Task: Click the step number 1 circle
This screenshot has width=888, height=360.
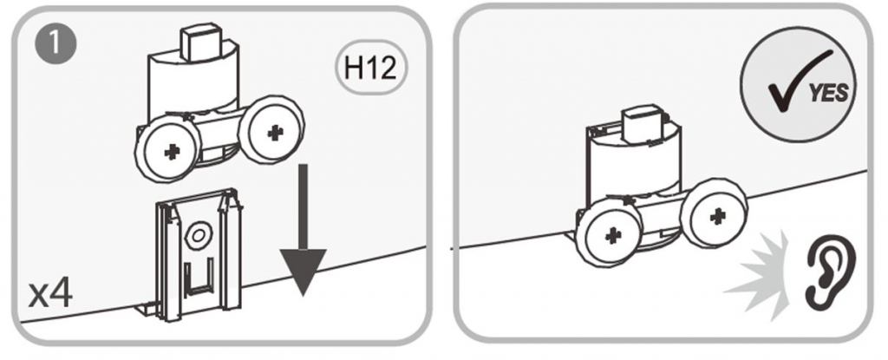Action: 55,44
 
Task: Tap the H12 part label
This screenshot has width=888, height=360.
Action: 371,68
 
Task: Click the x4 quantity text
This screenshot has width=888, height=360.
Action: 51,294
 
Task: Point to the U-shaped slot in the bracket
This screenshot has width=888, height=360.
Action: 200,277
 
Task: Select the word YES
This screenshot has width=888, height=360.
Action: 829,93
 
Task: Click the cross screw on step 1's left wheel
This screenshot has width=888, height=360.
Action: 171,153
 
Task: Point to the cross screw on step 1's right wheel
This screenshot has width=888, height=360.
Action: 275,132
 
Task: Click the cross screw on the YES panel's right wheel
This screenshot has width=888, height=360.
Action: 718,215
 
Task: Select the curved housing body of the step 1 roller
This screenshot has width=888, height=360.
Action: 193,85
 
